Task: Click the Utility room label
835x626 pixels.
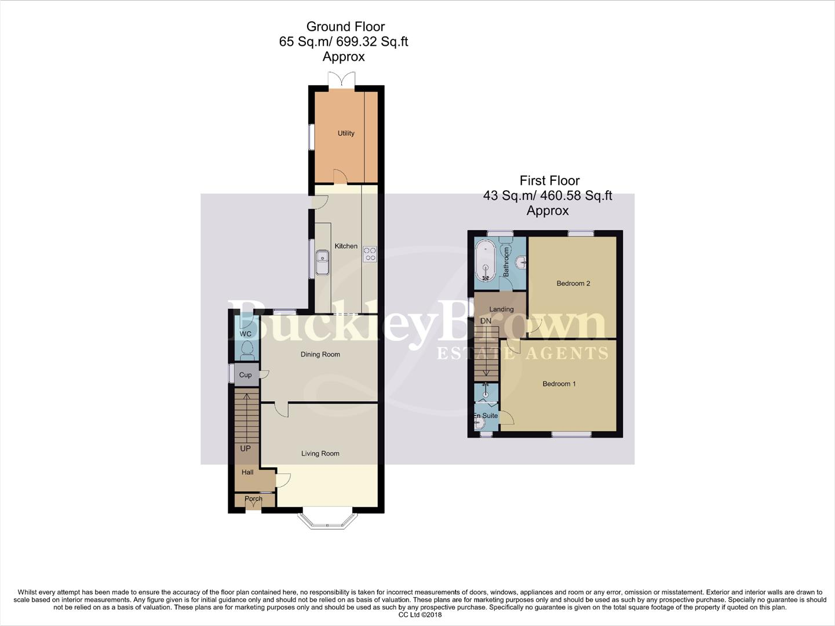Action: click(x=346, y=133)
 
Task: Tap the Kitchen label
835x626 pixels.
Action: click(x=346, y=246)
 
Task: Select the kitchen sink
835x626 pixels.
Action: click(x=322, y=257)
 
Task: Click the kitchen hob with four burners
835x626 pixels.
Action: click(x=369, y=254)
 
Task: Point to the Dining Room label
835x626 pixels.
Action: click(x=320, y=354)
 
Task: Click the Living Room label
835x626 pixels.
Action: click(x=320, y=453)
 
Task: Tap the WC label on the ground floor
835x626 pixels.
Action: click(x=246, y=334)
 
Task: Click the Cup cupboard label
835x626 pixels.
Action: click(x=246, y=375)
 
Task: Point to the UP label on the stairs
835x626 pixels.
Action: click(x=246, y=449)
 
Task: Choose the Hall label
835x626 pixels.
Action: click(x=247, y=472)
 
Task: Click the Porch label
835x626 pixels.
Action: click(x=253, y=498)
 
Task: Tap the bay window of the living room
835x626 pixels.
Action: click(x=328, y=521)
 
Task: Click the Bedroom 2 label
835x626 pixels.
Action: click(x=573, y=283)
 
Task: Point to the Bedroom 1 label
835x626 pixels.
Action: click(x=559, y=384)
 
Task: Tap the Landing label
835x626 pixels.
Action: click(x=501, y=310)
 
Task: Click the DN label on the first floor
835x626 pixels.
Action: click(x=486, y=321)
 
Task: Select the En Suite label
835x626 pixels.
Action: click(x=486, y=416)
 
